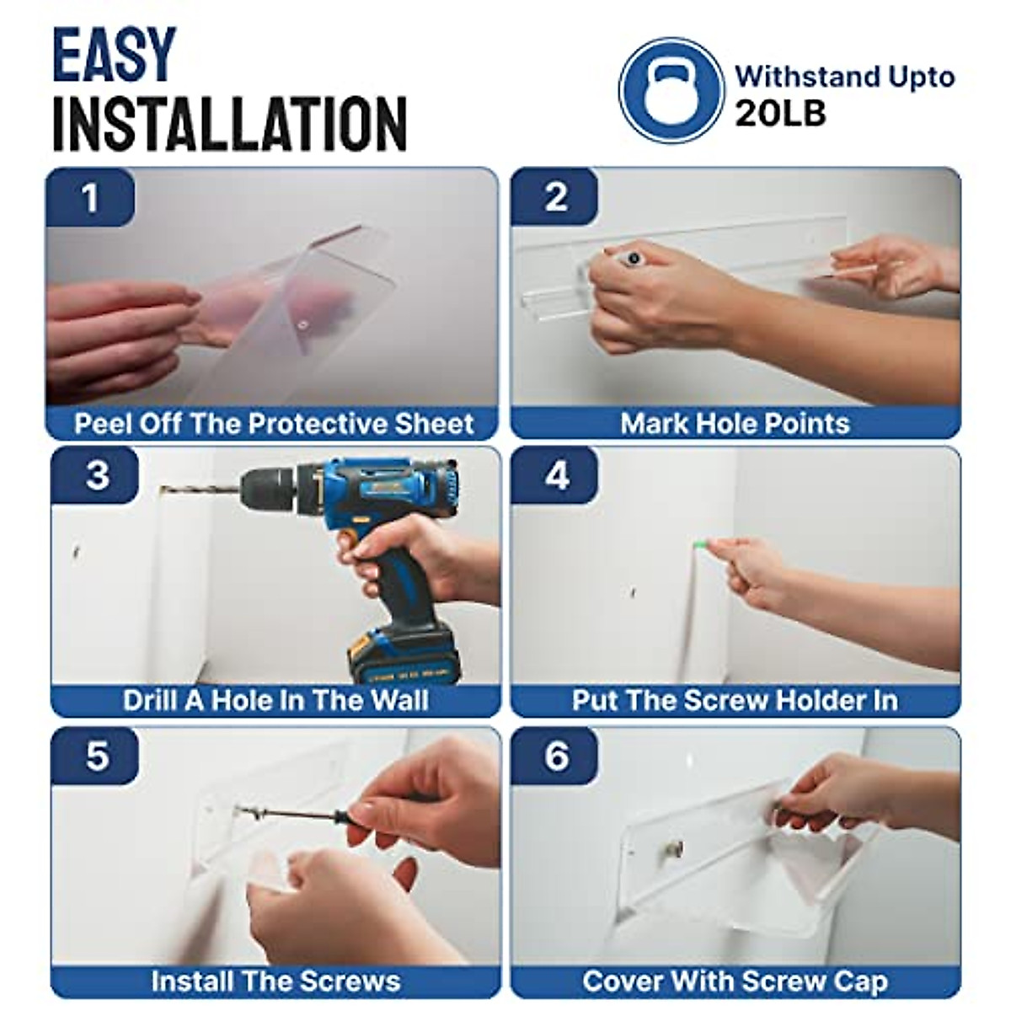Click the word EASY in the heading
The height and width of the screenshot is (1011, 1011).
pyautogui.click(x=114, y=55)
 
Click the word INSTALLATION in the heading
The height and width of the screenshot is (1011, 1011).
pyautogui.click(x=230, y=124)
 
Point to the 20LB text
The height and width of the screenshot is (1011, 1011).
pyautogui.click(x=780, y=114)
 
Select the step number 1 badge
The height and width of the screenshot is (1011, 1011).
pyautogui.click(x=90, y=197)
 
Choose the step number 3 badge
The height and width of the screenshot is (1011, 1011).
pyautogui.click(x=95, y=475)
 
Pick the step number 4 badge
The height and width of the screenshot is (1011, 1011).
pyautogui.click(x=555, y=475)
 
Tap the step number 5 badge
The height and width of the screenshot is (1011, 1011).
pyautogui.click(x=95, y=756)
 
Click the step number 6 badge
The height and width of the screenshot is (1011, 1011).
pyautogui.click(x=555, y=756)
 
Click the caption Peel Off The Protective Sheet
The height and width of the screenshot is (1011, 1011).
pyautogui.click(x=273, y=424)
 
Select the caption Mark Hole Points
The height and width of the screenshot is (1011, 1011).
pyautogui.click(x=735, y=424)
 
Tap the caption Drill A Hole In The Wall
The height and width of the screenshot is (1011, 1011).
pyautogui.click(x=276, y=700)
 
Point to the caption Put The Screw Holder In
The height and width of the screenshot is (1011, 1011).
pyautogui.click(x=735, y=700)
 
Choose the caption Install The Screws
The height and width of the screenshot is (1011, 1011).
pyautogui.click(x=276, y=982)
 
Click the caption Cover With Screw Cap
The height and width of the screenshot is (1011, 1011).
pyautogui.click(x=735, y=982)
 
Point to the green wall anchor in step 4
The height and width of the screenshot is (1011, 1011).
pyautogui.click(x=698, y=546)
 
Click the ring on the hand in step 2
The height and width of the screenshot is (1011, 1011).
pyautogui.click(x=634, y=258)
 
